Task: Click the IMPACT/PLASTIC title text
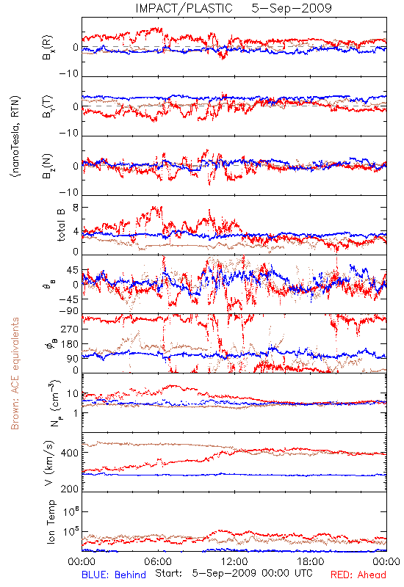pyautogui.click(x=184, y=8)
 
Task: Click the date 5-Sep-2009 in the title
pyautogui.click(x=292, y=8)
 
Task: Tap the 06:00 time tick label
pyautogui.click(x=158, y=561)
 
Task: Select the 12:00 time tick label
pyautogui.click(x=234, y=561)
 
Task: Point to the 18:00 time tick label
pyautogui.click(x=311, y=561)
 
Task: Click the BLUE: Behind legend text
pyautogui.click(x=114, y=575)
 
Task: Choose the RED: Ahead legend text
pyautogui.click(x=358, y=575)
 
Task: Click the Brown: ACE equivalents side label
pyautogui.click(x=15, y=373)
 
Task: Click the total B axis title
pyautogui.click(x=61, y=225)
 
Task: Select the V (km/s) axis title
pyautogui.click(x=49, y=463)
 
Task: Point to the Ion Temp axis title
pyautogui.click(x=51, y=522)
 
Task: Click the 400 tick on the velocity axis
pyautogui.click(x=70, y=453)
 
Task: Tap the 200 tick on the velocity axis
pyautogui.click(x=70, y=489)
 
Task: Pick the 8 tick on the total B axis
pyautogui.click(x=76, y=208)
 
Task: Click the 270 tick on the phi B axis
pyautogui.click(x=70, y=329)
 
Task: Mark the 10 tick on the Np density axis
pyautogui.click(x=73, y=393)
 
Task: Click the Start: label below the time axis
pyautogui.click(x=169, y=574)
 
